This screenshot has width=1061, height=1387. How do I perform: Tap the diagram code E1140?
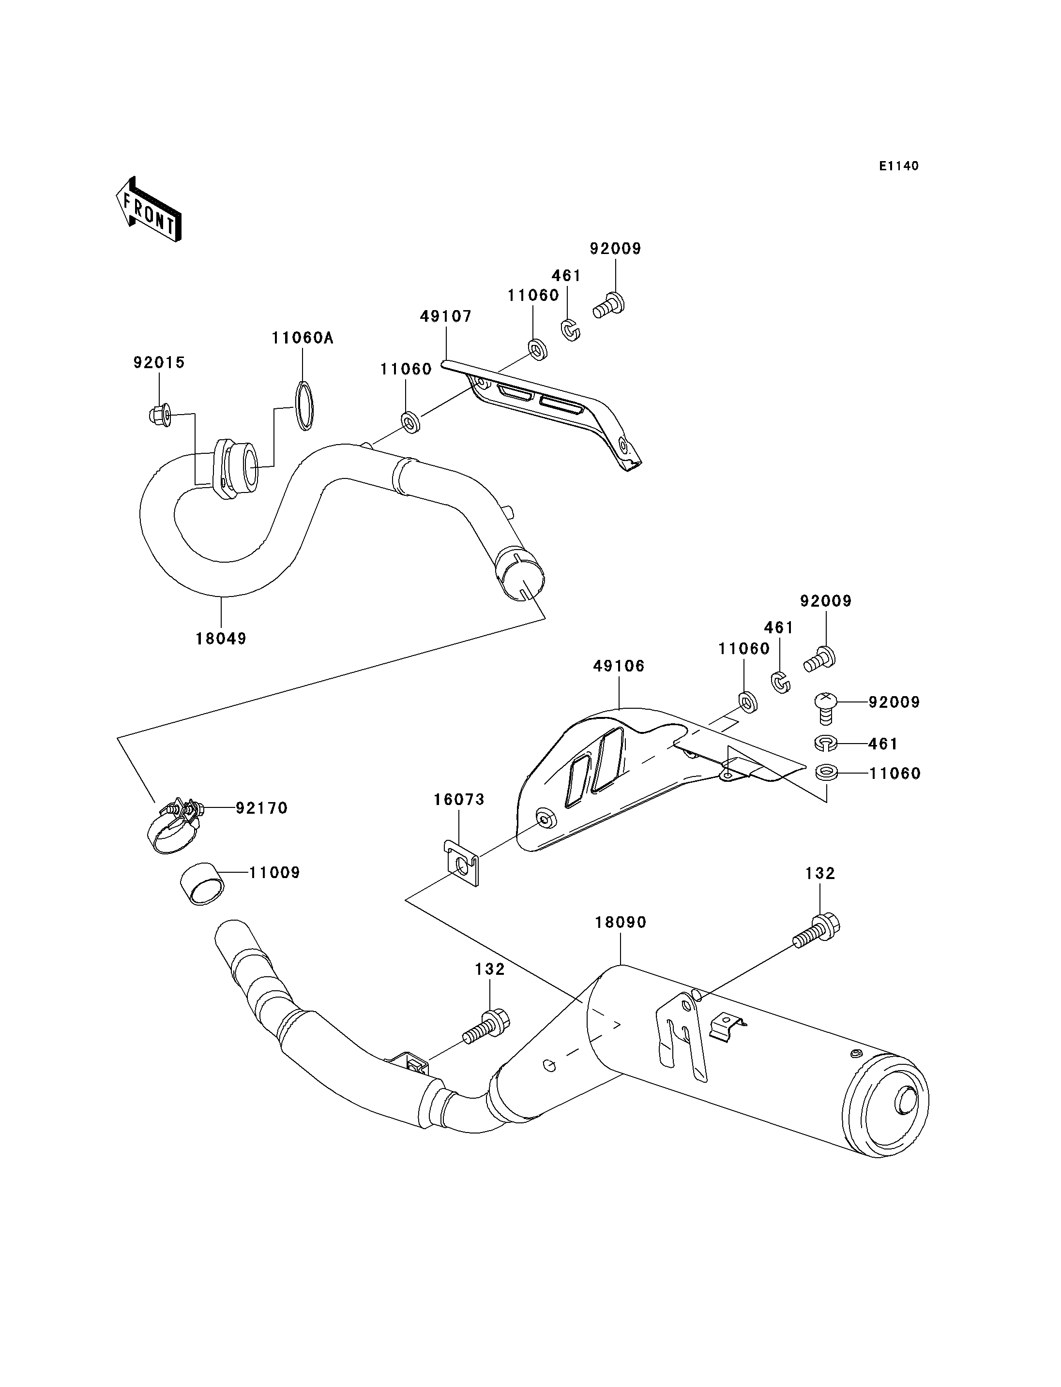coord(899,166)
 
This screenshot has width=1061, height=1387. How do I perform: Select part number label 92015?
coord(159,362)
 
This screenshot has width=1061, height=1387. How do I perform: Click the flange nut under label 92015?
coord(160,414)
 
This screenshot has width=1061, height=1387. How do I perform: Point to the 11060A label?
coord(303,338)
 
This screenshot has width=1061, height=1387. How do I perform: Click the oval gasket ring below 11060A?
coord(304,406)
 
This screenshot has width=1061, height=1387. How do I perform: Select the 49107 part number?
coord(446,316)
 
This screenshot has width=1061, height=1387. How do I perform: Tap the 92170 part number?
coord(262,808)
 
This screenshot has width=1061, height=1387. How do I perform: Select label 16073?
coord(459,799)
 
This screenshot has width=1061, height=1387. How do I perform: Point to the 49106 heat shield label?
coord(619,666)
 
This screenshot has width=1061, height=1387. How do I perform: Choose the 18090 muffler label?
coord(621,923)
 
